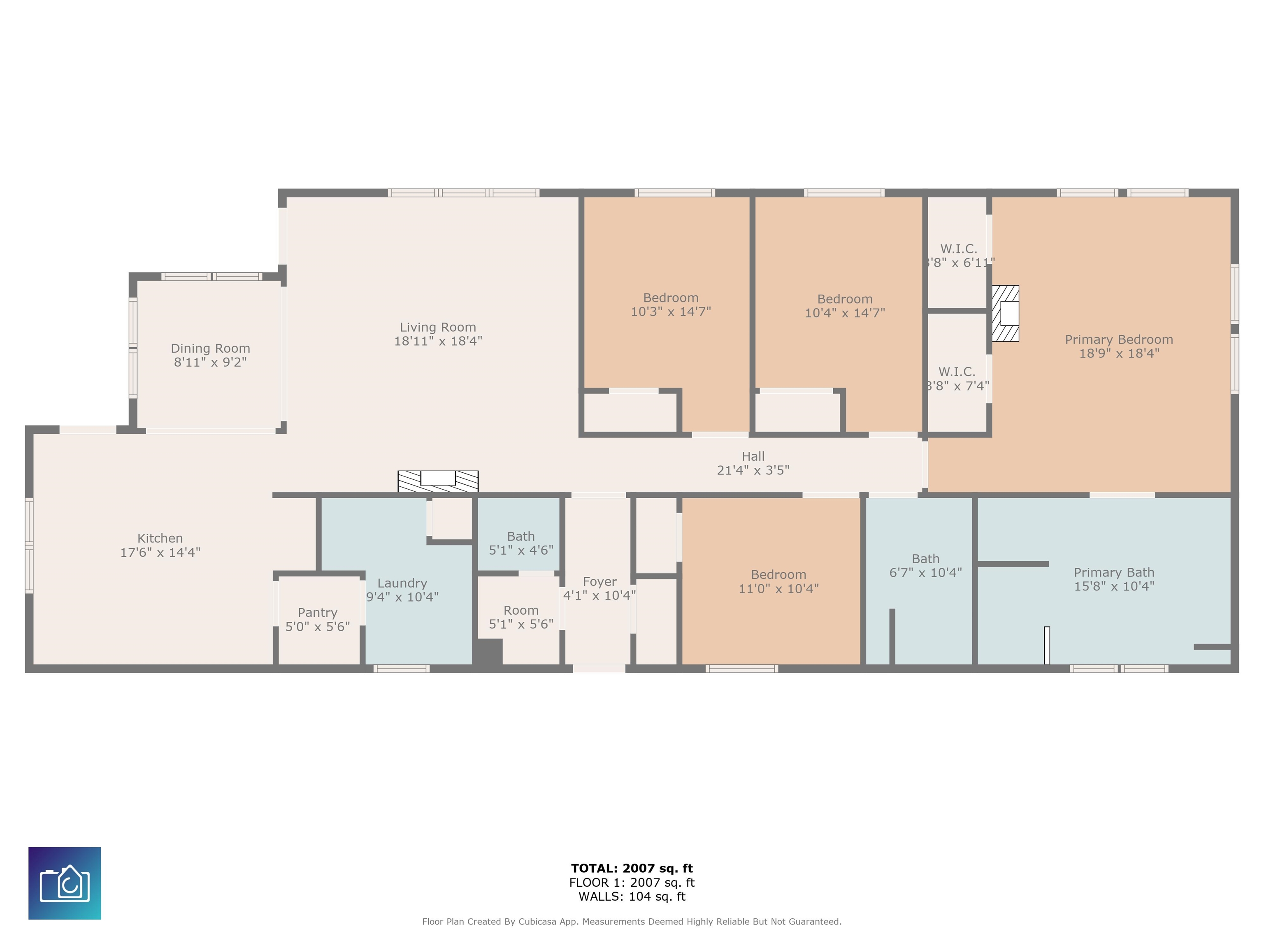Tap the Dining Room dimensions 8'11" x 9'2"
pos(210,362)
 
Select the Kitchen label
pos(160,538)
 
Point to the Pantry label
pos(317,613)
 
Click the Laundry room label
pos(402,583)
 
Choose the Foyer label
pos(599,582)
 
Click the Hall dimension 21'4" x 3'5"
pos(753,470)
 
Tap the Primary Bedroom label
pos(1118,339)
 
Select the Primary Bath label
pos(1114,573)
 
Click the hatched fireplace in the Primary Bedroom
pos(1005,313)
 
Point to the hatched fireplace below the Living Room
pos(438,481)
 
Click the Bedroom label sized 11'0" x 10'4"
pos(778,575)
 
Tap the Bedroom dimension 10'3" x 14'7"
pos(670,312)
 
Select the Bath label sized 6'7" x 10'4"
pos(925,559)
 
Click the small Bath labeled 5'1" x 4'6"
pos(520,537)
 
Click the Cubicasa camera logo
pos(65,883)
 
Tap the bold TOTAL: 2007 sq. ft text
pos(632,869)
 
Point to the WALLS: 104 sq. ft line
pos(632,897)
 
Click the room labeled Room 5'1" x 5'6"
pos(520,610)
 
